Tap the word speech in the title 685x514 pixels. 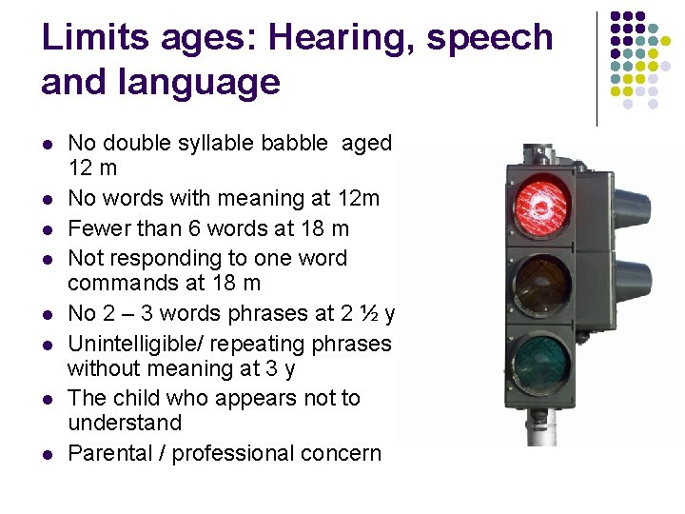(x=491, y=38)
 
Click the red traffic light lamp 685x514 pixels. (x=542, y=203)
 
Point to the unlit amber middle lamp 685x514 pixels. (x=541, y=284)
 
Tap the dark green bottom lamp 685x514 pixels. (x=541, y=364)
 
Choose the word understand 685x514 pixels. (x=125, y=423)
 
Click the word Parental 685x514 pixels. (x=107, y=454)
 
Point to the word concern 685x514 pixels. (x=340, y=454)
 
